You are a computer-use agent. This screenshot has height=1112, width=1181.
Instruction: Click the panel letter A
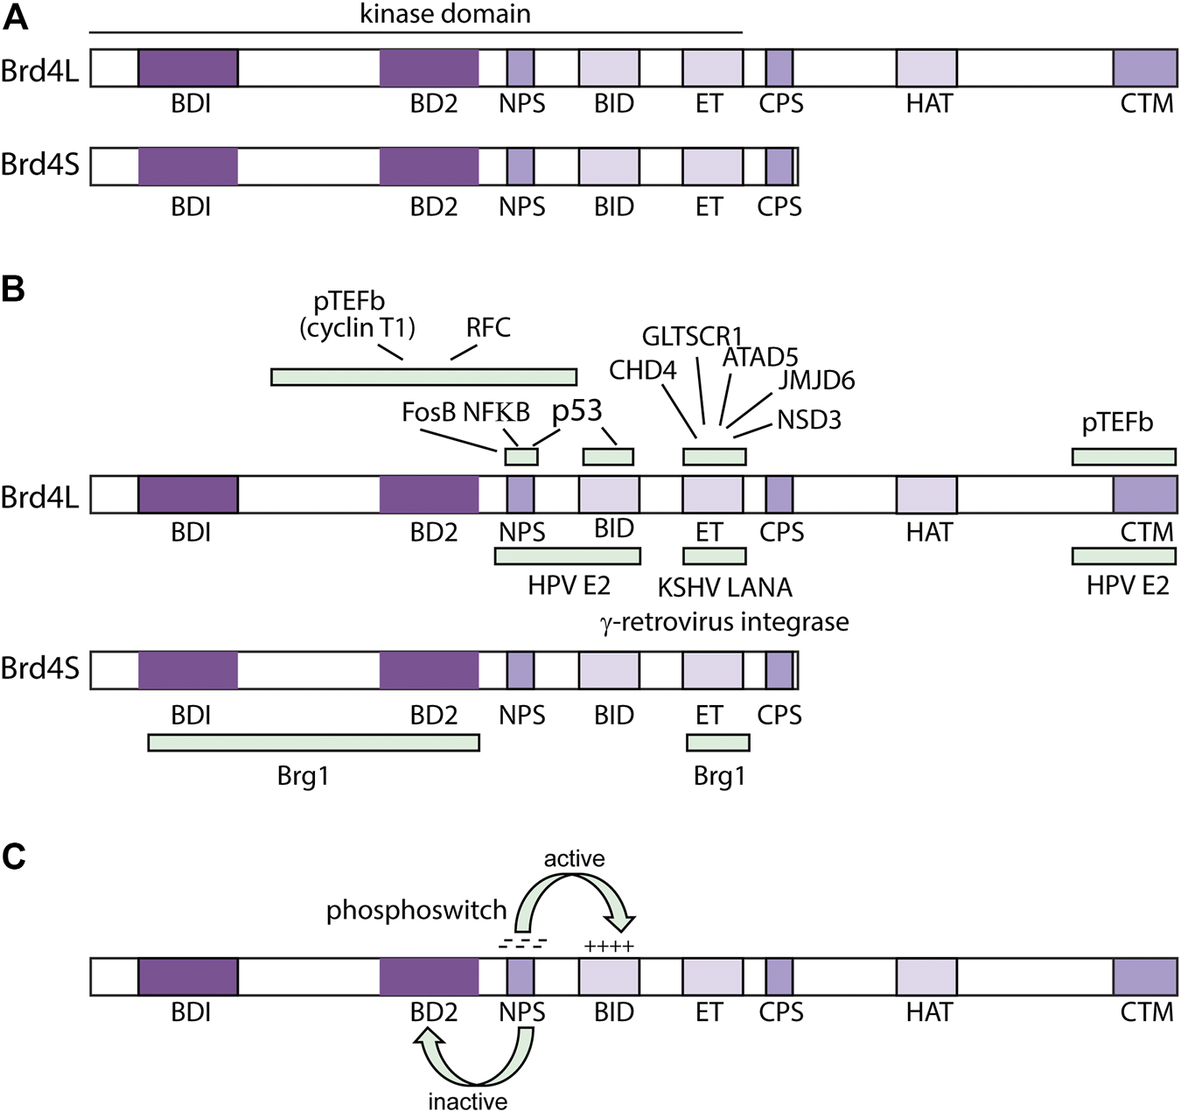click(15, 17)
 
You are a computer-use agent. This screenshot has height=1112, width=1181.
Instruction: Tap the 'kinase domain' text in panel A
click(444, 14)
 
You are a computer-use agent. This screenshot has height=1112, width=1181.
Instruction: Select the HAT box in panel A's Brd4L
click(926, 68)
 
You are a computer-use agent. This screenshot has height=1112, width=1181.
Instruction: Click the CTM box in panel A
click(1144, 68)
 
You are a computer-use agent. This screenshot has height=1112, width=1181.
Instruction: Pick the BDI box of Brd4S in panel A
click(188, 166)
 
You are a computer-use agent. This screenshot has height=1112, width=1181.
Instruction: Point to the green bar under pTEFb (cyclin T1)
click(423, 377)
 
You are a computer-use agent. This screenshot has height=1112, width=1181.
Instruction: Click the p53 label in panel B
click(577, 410)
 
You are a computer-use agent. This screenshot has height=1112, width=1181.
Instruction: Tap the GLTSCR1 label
click(691, 337)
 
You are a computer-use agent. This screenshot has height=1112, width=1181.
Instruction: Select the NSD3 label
click(808, 420)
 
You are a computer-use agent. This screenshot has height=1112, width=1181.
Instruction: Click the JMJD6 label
click(816, 380)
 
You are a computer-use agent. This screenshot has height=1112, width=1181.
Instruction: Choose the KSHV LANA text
click(724, 587)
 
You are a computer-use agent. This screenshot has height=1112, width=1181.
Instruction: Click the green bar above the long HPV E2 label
click(567, 556)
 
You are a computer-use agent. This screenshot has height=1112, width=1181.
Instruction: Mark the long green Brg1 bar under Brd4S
click(313, 743)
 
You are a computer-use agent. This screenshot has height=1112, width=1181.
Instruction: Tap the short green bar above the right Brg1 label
click(717, 743)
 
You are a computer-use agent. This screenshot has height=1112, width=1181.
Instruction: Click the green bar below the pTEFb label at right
click(1123, 457)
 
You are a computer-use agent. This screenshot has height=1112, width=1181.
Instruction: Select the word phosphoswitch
click(416, 911)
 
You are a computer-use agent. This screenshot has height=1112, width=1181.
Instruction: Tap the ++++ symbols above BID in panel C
click(609, 946)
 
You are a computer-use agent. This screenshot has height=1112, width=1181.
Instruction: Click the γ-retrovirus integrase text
click(724, 622)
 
